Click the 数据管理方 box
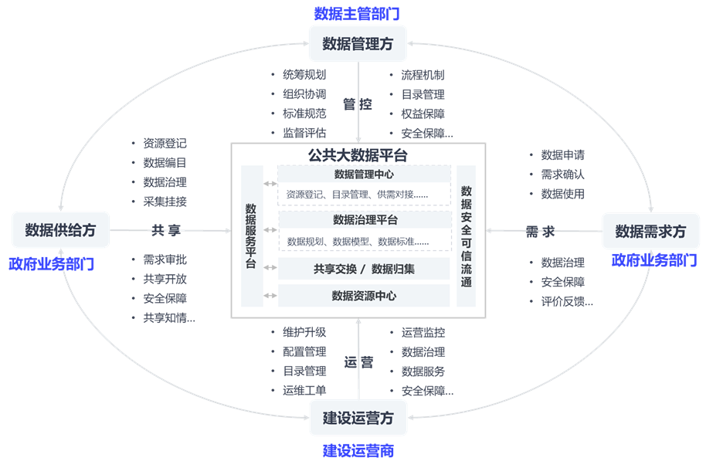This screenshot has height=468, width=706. pos(358,44)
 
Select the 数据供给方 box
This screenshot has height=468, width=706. pos(60,230)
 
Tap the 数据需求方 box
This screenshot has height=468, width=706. pos(650,231)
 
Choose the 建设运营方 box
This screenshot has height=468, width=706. pos(358,419)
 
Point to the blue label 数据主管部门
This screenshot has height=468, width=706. pos(357,13)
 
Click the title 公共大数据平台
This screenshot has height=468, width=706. pos(358,155)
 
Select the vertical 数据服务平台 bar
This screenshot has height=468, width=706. pos(252,236)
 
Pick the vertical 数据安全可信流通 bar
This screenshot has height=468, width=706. pos(467,236)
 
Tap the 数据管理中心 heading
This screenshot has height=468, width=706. pos(364,175)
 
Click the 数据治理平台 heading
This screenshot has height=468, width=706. pos(364,221)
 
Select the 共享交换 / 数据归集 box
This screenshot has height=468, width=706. pos(364,269)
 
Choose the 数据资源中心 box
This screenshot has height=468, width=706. pos(364,295)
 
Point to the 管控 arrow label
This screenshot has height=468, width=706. pos(358,104)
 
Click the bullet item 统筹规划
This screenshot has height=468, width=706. pos(304,76)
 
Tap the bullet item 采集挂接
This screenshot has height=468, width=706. pos(165,202)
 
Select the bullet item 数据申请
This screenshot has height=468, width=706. pos(562,155)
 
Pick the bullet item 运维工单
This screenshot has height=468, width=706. pos(304,391)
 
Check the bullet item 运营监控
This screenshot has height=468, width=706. pos(423,333)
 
